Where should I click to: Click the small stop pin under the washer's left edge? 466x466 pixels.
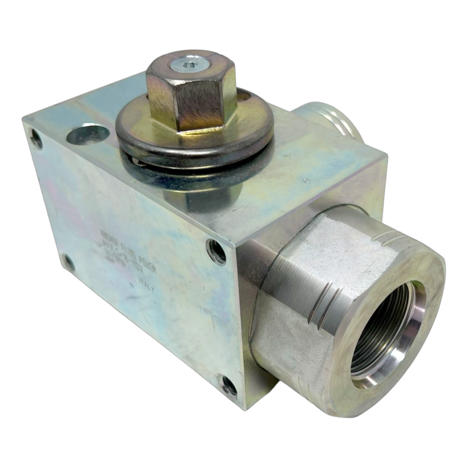pyautogui.click(x=136, y=162)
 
